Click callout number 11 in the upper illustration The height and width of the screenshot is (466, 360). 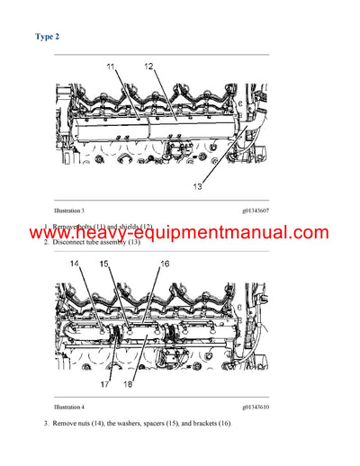pos(111,67)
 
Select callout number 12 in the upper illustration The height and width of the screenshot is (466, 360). pos(148,67)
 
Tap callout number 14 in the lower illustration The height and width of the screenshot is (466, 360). pos(75,264)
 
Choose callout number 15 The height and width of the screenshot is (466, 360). pos(104,264)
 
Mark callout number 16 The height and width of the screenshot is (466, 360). pos(164,264)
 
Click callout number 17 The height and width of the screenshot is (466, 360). pos(105,384)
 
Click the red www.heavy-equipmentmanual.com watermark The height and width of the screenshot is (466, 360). pos(180,233)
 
